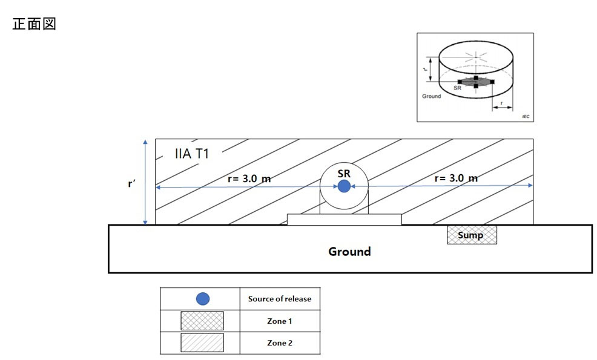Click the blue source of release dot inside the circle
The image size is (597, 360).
344,186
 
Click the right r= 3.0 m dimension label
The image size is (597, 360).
456,178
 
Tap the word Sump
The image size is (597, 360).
471,235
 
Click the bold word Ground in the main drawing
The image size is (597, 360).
349,251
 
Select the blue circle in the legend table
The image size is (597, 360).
203,298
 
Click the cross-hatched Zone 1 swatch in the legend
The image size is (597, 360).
202,321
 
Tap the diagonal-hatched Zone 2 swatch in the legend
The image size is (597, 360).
202,343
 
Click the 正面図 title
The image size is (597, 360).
34,25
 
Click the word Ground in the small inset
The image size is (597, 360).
432,96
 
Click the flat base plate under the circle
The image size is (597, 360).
344,219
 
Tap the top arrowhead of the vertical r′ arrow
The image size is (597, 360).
145,143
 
